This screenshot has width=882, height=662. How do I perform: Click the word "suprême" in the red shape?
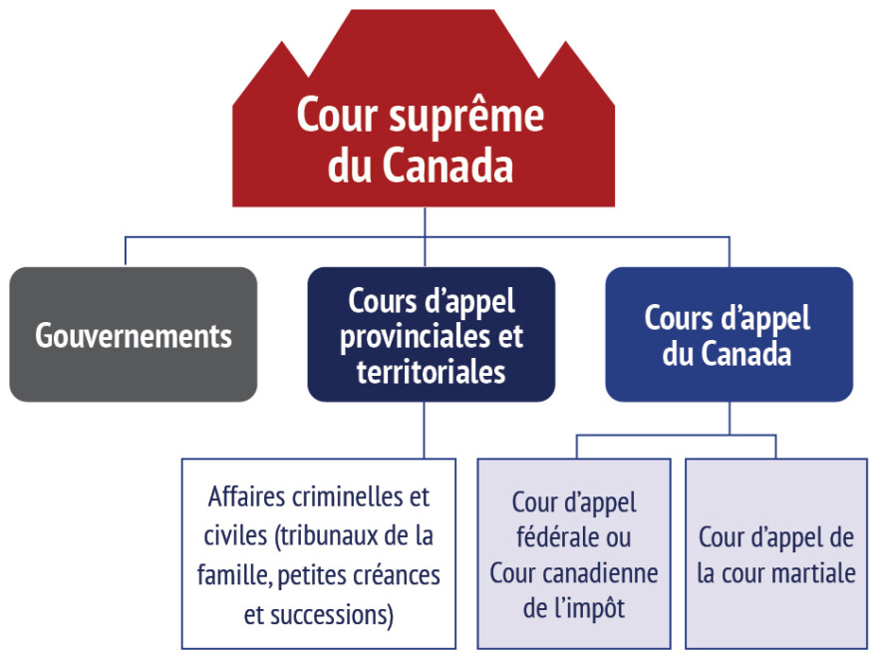point(465,117)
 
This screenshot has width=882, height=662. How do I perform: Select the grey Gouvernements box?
point(134,335)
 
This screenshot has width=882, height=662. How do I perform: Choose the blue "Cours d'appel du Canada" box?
point(729,335)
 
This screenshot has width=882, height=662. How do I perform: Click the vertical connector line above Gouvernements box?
point(125,252)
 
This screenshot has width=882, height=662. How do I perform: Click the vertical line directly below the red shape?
point(425,222)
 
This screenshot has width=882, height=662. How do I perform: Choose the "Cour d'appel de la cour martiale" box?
point(776,553)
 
